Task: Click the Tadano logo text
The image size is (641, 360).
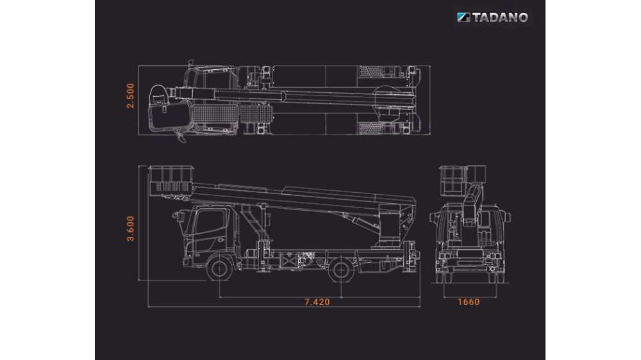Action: (x=500, y=17)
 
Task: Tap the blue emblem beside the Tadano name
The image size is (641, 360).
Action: (x=463, y=17)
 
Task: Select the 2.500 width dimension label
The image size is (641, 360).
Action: (x=130, y=96)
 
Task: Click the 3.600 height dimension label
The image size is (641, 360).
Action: (x=130, y=229)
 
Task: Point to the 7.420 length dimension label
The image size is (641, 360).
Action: (x=317, y=302)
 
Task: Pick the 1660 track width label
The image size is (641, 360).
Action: (x=469, y=302)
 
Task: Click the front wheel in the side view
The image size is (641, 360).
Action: (x=220, y=268)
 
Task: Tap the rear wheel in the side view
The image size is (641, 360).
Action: (x=341, y=269)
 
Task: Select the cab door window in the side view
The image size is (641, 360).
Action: (x=210, y=224)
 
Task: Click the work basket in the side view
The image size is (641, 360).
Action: (x=171, y=181)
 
